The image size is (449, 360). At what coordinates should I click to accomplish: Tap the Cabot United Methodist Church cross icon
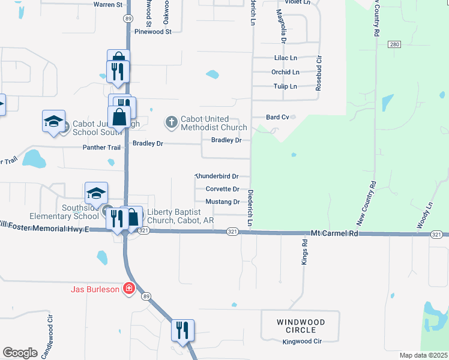(x=171, y=122)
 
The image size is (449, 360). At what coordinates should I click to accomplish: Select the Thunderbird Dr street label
(x=217, y=176)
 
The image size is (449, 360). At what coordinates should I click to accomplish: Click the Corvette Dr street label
(x=223, y=189)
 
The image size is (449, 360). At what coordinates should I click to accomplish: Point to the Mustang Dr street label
(x=223, y=202)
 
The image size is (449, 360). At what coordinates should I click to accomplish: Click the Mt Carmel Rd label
(x=334, y=233)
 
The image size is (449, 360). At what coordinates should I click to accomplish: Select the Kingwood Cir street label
(x=303, y=341)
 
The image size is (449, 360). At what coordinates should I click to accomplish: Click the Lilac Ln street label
(x=285, y=58)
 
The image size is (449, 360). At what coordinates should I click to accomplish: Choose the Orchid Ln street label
(x=285, y=72)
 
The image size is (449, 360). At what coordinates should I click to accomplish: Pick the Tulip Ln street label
(x=285, y=86)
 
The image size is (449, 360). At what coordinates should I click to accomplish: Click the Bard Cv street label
(x=278, y=118)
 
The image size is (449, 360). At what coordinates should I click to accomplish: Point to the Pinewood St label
(x=153, y=31)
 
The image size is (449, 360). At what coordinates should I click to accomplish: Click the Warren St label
(x=108, y=4)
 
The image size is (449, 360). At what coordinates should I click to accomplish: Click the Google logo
(x=20, y=353)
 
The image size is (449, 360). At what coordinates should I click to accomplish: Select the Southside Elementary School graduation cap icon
(x=96, y=193)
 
